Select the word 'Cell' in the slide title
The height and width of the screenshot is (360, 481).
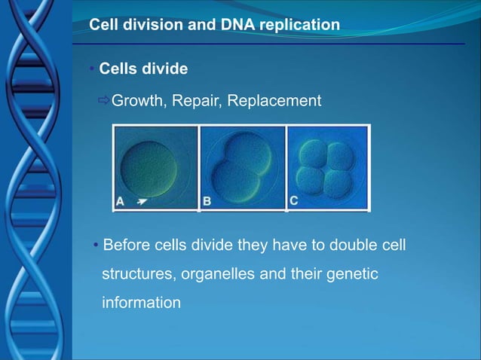[x=104, y=25]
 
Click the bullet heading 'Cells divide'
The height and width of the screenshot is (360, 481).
[x=143, y=69]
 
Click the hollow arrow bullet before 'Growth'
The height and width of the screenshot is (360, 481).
[x=104, y=100]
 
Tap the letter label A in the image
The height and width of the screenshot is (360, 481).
[x=121, y=201]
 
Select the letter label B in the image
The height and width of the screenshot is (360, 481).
[x=207, y=201]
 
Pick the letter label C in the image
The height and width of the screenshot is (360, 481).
[x=295, y=200]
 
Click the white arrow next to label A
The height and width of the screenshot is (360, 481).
[x=142, y=201]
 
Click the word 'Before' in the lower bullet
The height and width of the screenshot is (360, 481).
[x=125, y=246]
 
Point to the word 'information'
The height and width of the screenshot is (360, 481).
[x=142, y=303]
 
